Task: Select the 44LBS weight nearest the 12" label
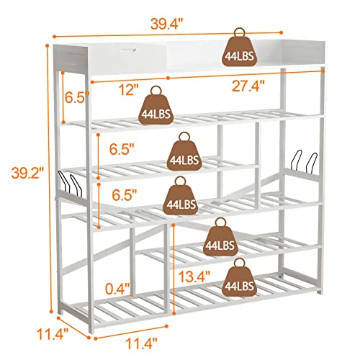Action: [156, 108]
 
